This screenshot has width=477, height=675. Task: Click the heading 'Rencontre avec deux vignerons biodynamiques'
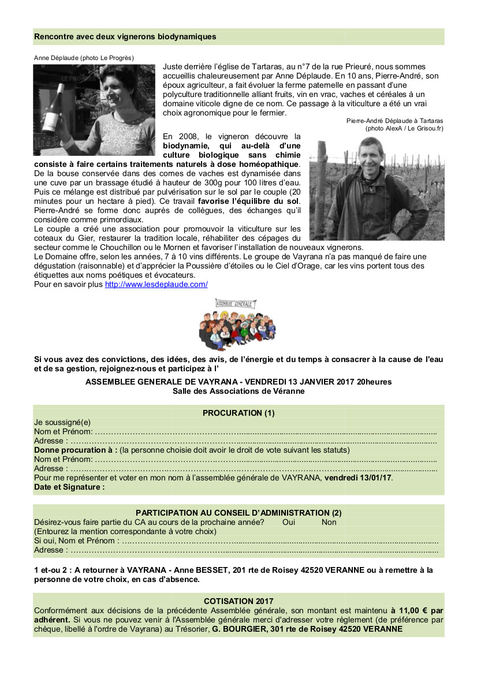pos(125,36)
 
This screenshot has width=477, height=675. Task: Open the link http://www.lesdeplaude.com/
pos(156,285)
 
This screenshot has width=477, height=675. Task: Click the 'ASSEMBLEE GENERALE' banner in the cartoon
pos(236,303)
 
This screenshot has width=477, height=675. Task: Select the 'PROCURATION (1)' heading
pos(238,413)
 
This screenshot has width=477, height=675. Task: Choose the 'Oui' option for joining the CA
pos(289,522)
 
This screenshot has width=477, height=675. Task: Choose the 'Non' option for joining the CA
pos(329,522)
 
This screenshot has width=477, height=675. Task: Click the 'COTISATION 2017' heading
pos(238,601)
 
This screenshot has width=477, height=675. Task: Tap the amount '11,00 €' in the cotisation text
pos(412,610)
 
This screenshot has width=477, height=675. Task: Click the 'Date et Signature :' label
pos(69,487)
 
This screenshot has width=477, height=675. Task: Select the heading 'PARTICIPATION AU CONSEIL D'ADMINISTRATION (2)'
pos(238,513)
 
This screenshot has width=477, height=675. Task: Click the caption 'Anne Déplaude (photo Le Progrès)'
pos(84,58)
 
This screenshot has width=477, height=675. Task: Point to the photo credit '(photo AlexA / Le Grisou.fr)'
pos(404,128)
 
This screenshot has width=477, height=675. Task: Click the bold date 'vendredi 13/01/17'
pos(358,478)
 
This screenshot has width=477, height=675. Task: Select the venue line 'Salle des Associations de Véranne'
pos(238,391)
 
